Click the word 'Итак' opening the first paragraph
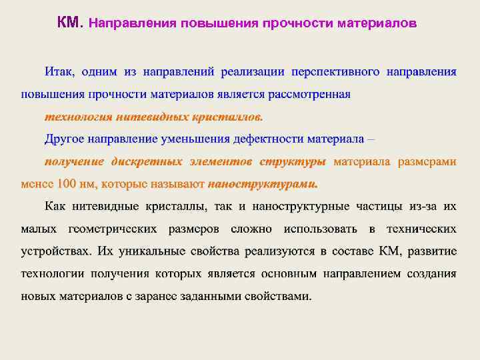click(60, 71)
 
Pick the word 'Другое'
click(65, 139)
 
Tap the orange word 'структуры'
click(293, 161)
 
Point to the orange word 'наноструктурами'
click(263, 184)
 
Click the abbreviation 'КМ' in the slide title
click(68, 23)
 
